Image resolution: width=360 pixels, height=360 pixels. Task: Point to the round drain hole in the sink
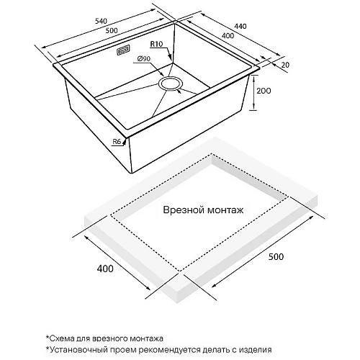click(x=172, y=84)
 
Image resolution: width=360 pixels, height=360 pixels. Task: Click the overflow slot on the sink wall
click(x=122, y=51)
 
